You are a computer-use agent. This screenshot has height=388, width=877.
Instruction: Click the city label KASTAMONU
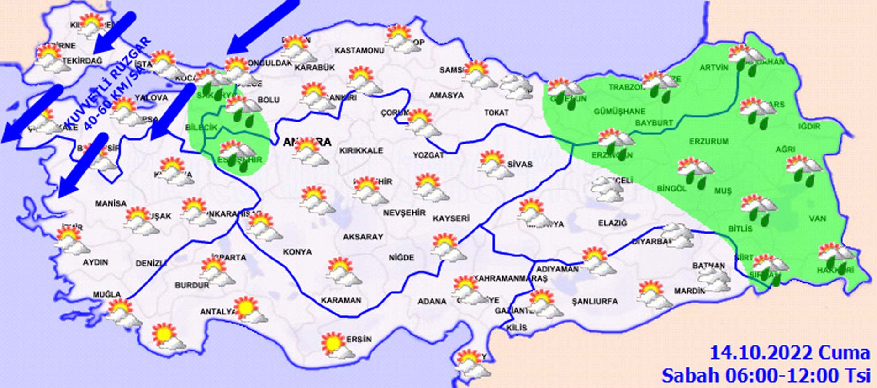tap(359, 50)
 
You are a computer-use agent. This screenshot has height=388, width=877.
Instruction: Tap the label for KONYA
tap(297, 252)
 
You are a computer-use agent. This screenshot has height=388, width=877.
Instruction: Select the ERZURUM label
tap(708, 142)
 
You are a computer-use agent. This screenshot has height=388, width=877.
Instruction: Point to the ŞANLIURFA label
tap(595, 302)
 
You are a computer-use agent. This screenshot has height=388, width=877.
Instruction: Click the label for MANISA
tap(111, 203)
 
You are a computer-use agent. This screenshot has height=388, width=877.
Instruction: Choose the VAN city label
tap(817, 218)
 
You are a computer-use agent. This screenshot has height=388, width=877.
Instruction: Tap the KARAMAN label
tap(341, 300)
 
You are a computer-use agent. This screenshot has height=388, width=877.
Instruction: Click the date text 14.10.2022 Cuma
tap(789, 353)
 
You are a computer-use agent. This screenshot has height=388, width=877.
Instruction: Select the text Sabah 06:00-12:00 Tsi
tap(766, 376)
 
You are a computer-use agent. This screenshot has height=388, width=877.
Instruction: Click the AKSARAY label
tap(363, 237)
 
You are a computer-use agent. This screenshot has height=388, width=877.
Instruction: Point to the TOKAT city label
tap(497, 112)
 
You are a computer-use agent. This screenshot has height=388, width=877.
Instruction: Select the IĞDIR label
tap(809, 126)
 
